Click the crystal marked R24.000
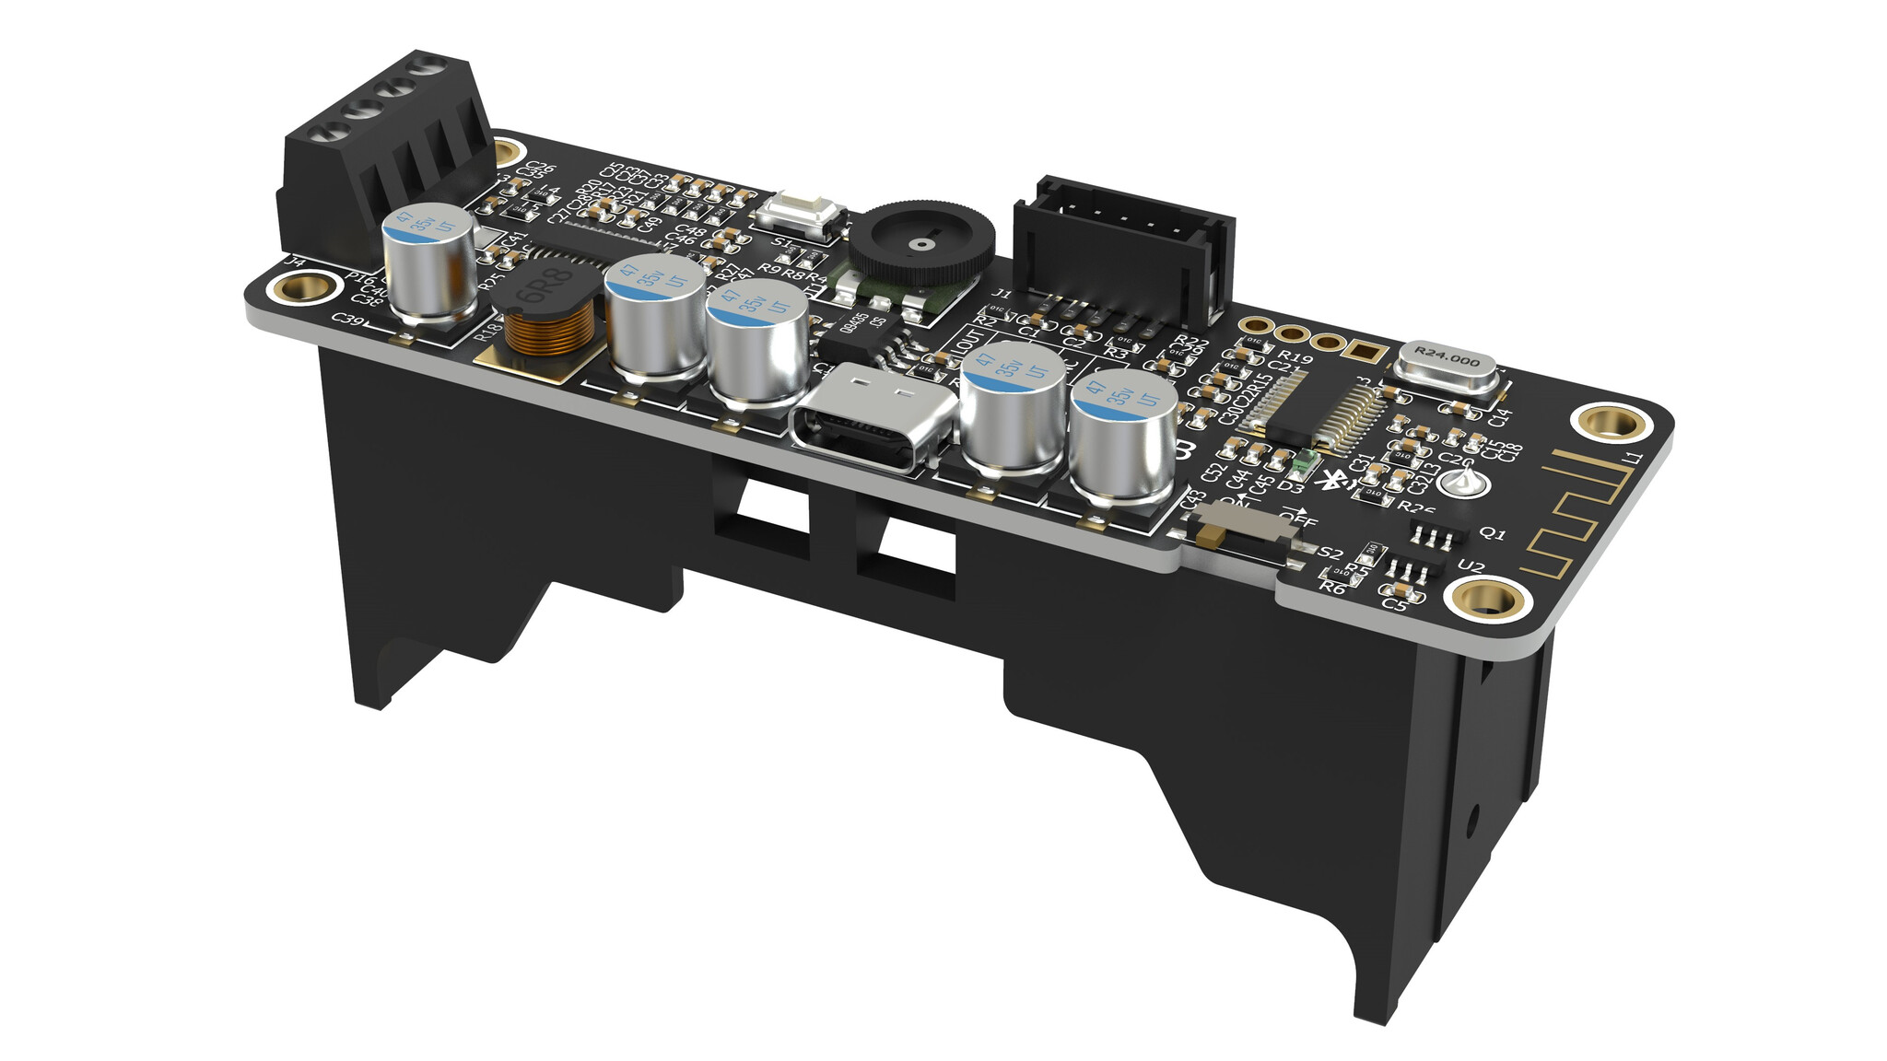pyautogui.click(x=1447, y=364)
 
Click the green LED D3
pyautogui.click(x=1300, y=466)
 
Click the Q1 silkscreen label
pyautogui.click(x=1492, y=533)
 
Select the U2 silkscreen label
pyautogui.click(x=1471, y=566)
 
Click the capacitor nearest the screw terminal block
pyautogui.click(x=429, y=262)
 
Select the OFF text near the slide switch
pyautogui.click(x=1298, y=519)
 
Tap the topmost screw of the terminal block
pyautogui.click(x=427, y=66)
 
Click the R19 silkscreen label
pyautogui.click(x=1295, y=357)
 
